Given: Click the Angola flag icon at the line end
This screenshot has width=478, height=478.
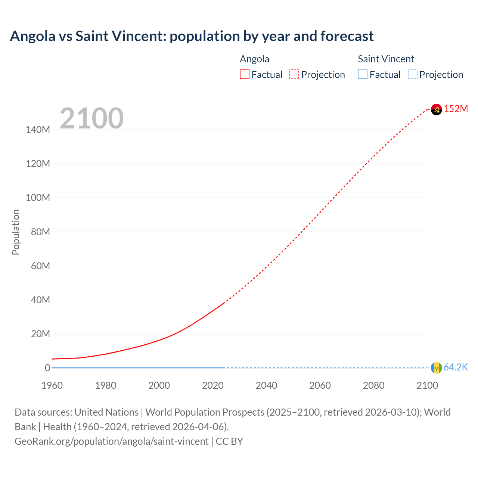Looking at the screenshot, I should click(x=436, y=109).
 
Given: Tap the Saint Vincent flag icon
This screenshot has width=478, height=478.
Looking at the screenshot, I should click(x=436, y=368).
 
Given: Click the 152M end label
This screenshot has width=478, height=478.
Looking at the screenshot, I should click(x=456, y=109).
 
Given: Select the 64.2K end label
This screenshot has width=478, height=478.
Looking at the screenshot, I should click(x=456, y=367).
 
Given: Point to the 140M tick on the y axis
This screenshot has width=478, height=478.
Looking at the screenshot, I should click(x=38, y=130).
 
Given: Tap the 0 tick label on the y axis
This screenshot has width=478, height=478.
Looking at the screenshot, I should click(x=47, y=368).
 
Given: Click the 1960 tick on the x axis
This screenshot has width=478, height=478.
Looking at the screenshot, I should click(x=52, y=385).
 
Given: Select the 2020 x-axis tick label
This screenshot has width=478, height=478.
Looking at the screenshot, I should click(x=213, y=385).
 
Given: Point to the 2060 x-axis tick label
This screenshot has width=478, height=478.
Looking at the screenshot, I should click(x=320, y=385).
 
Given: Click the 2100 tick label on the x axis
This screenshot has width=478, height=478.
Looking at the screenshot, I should click(x=427, y=385).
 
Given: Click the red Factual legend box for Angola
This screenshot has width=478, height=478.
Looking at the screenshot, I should click(x=245, y=75).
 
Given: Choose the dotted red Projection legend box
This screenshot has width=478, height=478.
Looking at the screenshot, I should click(x=294, y=75).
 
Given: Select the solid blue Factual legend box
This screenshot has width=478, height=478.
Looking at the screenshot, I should click(x=363, y=75).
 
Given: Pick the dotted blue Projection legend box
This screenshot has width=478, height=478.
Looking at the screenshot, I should click(x=413, y=75).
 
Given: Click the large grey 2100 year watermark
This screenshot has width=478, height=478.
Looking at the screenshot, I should click(x=91, y=118).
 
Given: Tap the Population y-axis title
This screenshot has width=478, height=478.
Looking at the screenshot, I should click(x=16, y=232).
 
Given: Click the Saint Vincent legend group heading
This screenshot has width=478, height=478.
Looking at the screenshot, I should click(x=386, y=59).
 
